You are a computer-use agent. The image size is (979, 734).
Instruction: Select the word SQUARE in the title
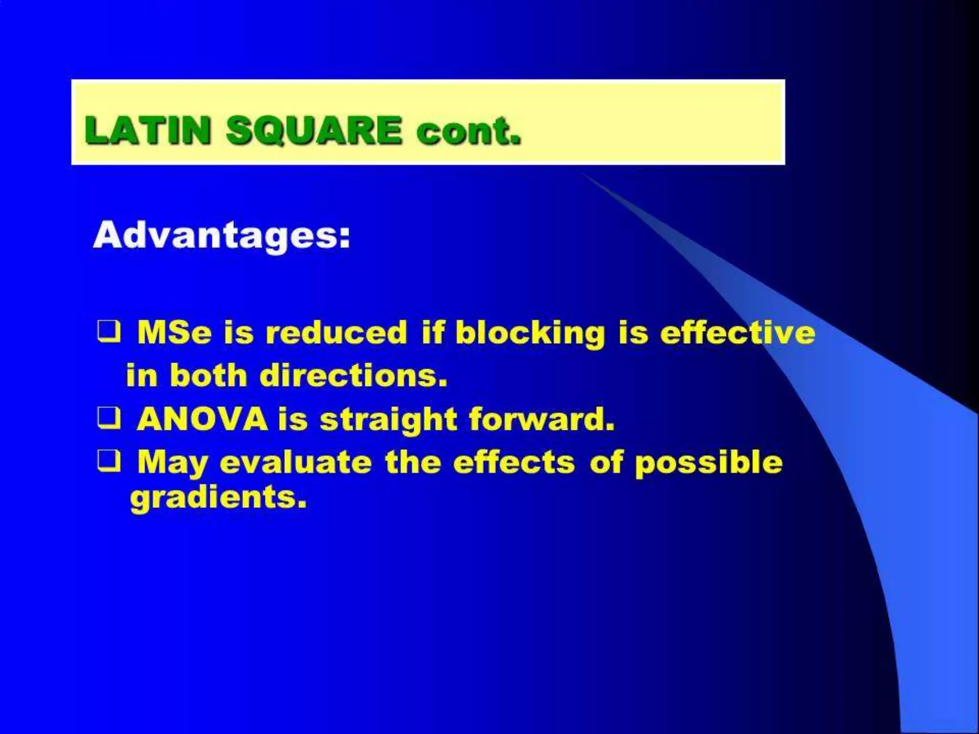[314, 130]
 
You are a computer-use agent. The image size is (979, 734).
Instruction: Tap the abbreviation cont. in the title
[468, 130]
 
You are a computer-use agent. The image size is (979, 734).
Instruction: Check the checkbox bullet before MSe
[109, 332]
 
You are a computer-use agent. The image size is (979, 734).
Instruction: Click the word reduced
[336, 333]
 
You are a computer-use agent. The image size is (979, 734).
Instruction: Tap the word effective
[738, 333]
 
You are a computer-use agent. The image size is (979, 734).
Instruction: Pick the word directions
[354, 376]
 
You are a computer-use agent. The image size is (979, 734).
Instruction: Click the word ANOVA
[202, 419]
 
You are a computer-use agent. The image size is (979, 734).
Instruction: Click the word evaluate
[295, 463]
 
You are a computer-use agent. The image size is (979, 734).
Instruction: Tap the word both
[208, 376]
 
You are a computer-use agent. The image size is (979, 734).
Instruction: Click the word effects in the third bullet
[514, 463]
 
